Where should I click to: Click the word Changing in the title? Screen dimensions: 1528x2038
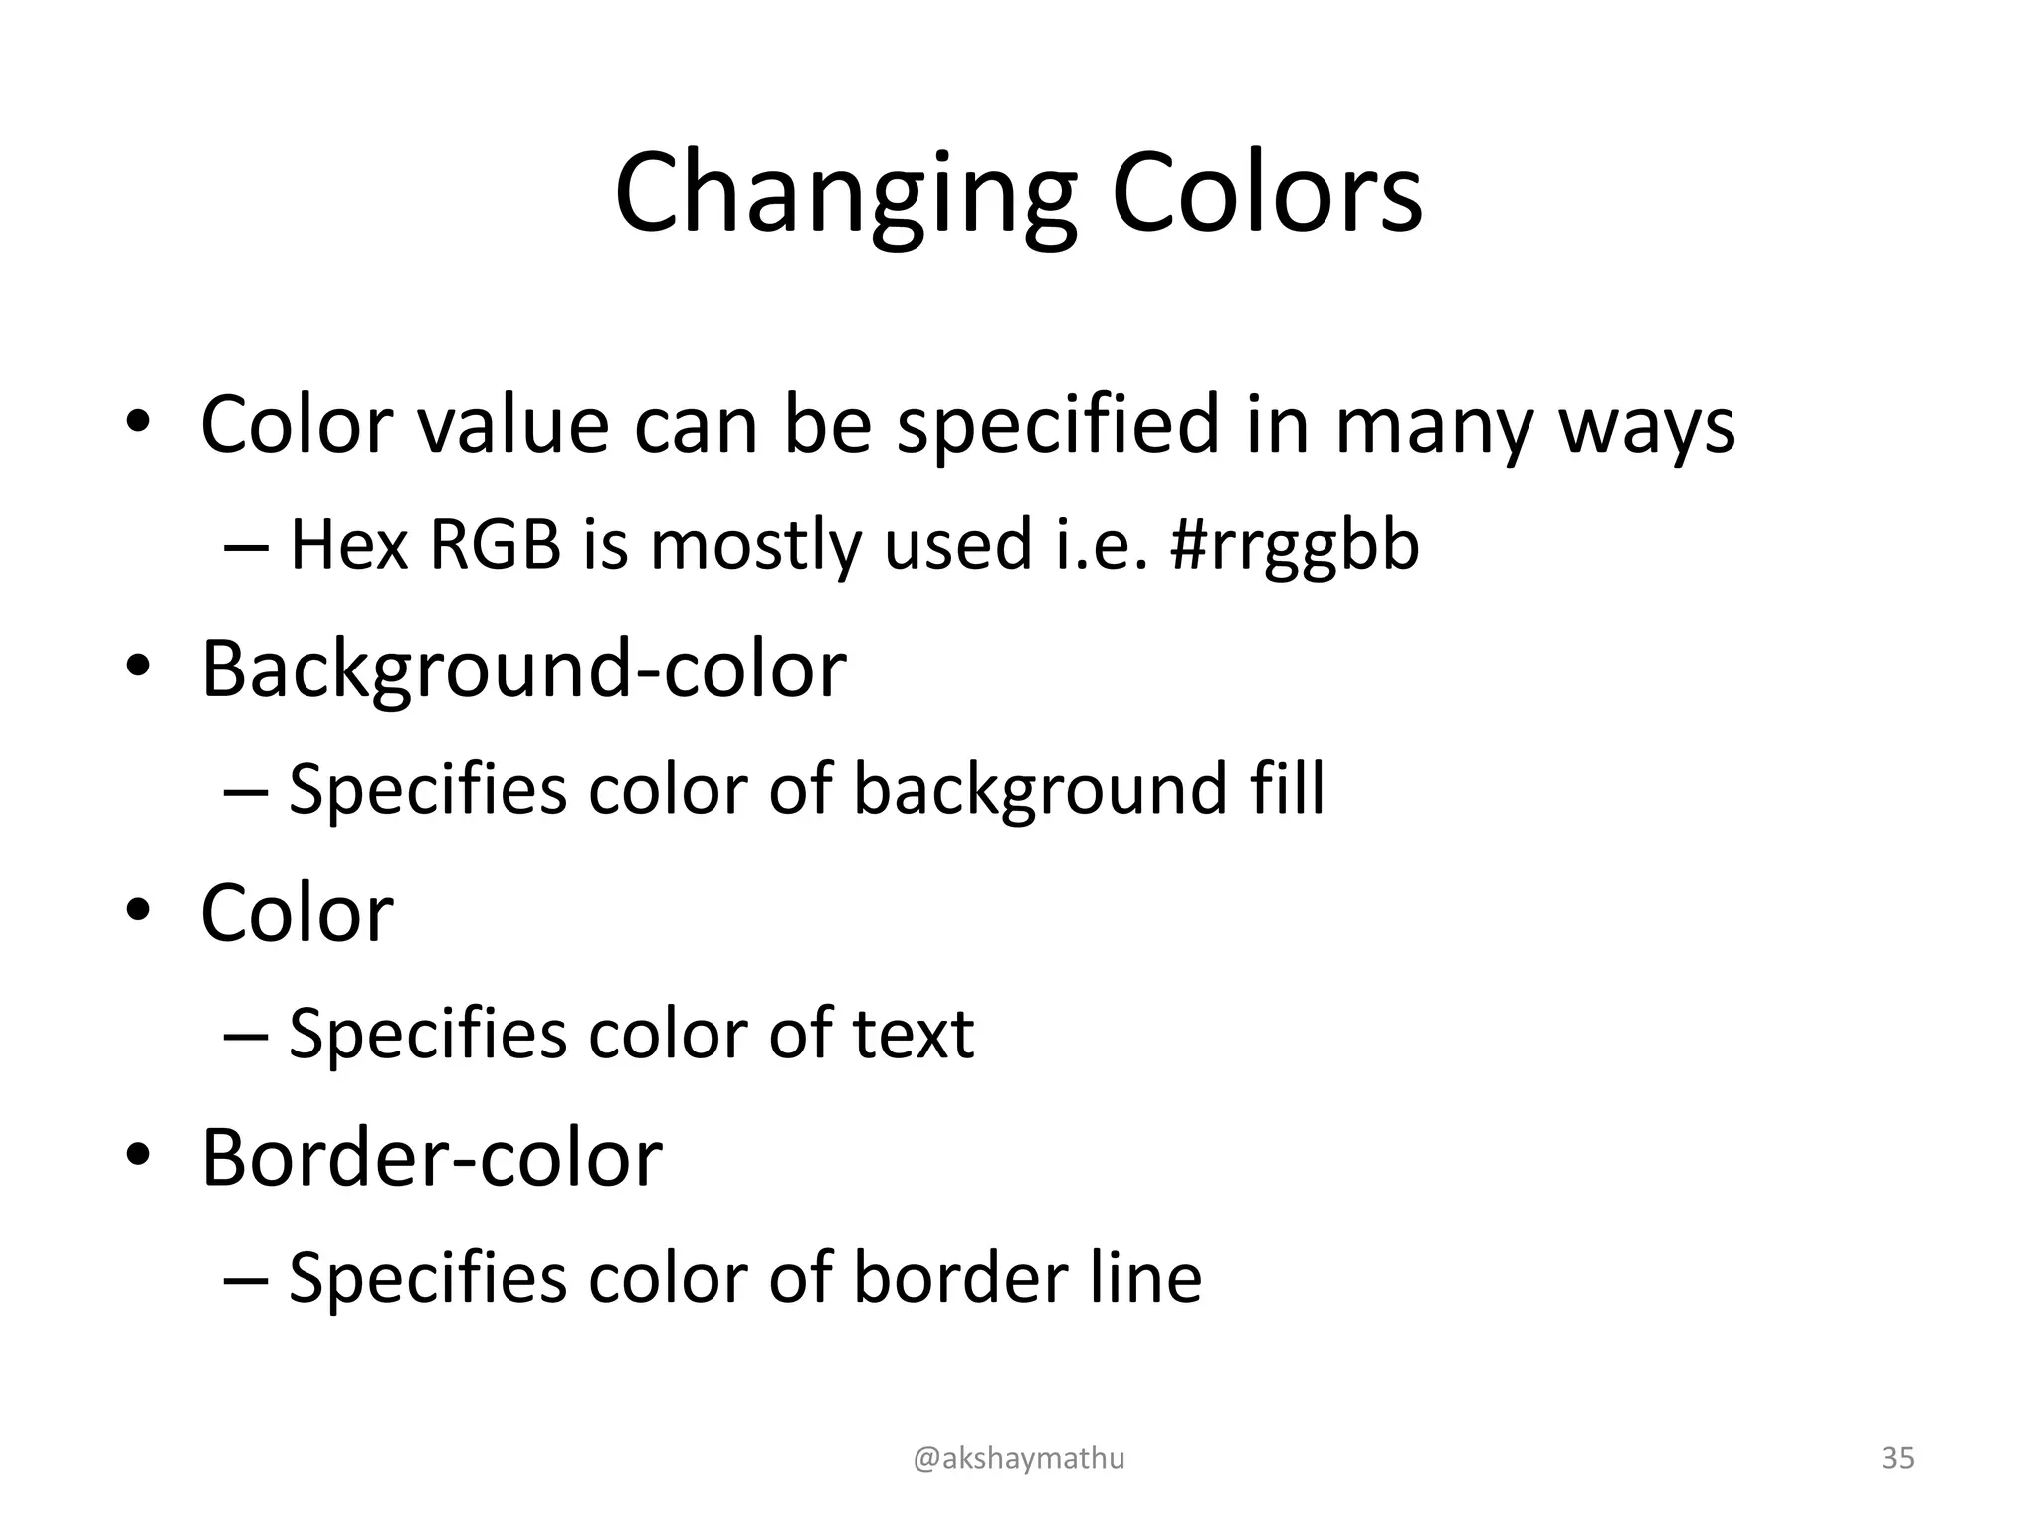[845, 194]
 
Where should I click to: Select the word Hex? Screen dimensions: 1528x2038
[348, 545]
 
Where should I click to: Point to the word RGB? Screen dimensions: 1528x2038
[495, 545]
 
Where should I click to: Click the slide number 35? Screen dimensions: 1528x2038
[1897, 1458]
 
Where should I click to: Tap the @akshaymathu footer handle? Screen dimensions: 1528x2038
[1019, 1459]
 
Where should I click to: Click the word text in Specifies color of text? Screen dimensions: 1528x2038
[913, 1034]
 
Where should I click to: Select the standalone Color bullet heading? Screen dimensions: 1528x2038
[297, 913]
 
